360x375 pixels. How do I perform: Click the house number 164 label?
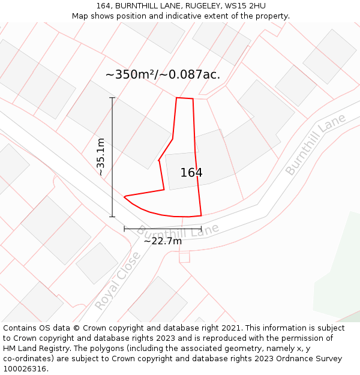[191, 173]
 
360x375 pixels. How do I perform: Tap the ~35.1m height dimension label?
[101, 157]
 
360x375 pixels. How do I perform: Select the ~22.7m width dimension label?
[163, 241]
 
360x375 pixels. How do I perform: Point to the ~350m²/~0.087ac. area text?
[163, 75]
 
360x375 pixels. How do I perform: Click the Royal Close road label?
[118, 280]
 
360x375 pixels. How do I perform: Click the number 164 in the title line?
[104, 5]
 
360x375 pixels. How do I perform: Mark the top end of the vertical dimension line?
[112, 97]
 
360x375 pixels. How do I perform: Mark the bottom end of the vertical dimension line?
[112, 217]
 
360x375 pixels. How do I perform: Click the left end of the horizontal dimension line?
[124, 229]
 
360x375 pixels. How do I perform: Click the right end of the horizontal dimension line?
[201, 229]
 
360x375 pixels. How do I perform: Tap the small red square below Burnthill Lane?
[184, 257]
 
